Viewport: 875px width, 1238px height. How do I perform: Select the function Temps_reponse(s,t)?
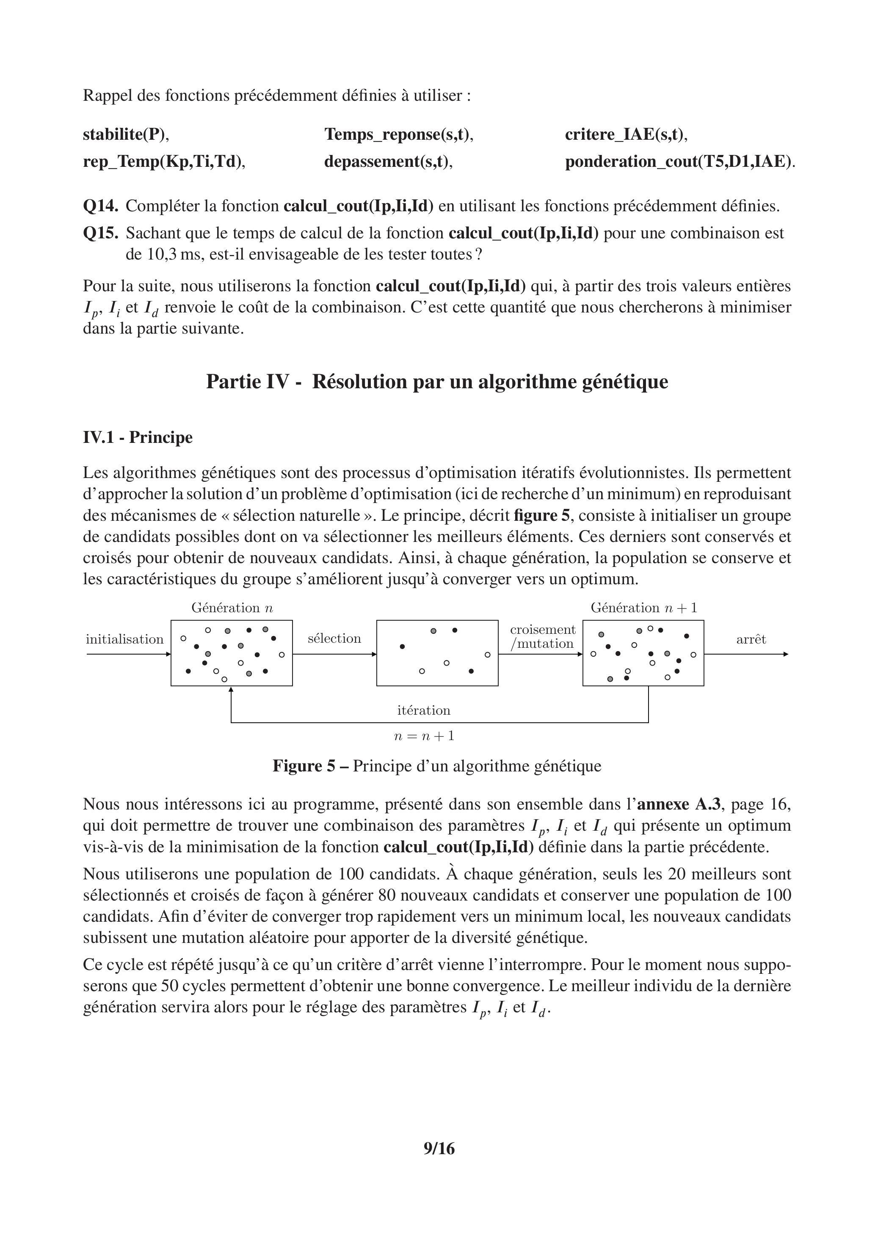tap(398, 134)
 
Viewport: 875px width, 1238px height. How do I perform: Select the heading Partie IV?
tap(437, 382)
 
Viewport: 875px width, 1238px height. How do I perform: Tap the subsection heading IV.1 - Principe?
tap(138, 437)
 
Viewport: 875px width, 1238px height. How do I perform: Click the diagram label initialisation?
tap(124, 639)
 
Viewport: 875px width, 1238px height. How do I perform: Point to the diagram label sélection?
tap(334, 639)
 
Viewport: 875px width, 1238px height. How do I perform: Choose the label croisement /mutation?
tap(542, 637)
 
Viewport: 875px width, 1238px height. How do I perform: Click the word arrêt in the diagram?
tap(751, 639)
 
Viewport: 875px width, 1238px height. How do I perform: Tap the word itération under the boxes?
tap(424, 710)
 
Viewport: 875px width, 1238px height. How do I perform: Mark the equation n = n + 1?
tap(424, 736)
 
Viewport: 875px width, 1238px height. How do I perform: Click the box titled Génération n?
tap(232, 653)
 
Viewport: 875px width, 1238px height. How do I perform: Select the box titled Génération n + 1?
tap(643, 653)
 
